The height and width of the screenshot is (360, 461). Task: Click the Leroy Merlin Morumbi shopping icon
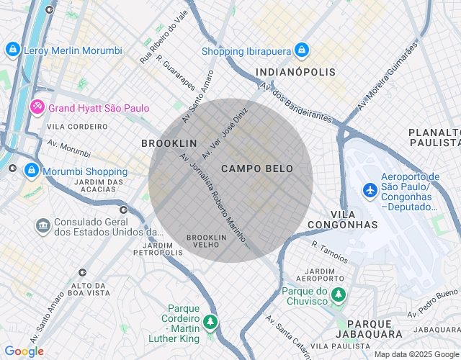[x=12, y=50]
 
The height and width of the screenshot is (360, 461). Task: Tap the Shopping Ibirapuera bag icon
[x=302, y=50]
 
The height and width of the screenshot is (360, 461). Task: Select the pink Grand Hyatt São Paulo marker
[x=37, y=108]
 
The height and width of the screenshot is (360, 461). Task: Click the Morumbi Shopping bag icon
[x=31, y=171]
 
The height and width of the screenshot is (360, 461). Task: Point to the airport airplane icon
[x=370, y=190]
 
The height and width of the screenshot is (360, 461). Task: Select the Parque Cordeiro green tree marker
[x=210, y=322]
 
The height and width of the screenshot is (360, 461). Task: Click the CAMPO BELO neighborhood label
[x=257, y=168]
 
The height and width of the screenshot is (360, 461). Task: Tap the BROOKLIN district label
[x=169, y=144]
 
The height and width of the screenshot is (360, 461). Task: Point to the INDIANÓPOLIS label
[x=295, y=73]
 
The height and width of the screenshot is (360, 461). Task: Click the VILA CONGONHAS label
[x=343, y=220]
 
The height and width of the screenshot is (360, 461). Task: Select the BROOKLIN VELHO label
[x=207, y=240]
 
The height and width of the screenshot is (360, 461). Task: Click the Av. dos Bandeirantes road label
[x=295, y=102]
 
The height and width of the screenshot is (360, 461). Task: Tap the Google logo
[x=23, y=351]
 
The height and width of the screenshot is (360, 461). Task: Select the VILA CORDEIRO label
[x=77, y=127]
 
